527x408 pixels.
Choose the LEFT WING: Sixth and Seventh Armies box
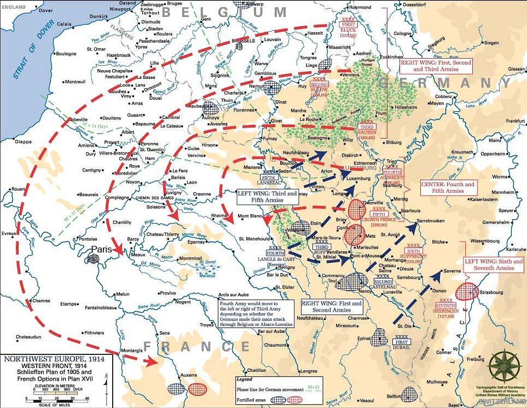[493, 264]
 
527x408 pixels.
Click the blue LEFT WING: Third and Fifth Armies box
[267, 197]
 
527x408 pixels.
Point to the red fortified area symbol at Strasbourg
[466, 291]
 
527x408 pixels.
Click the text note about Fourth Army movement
[256, 314]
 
